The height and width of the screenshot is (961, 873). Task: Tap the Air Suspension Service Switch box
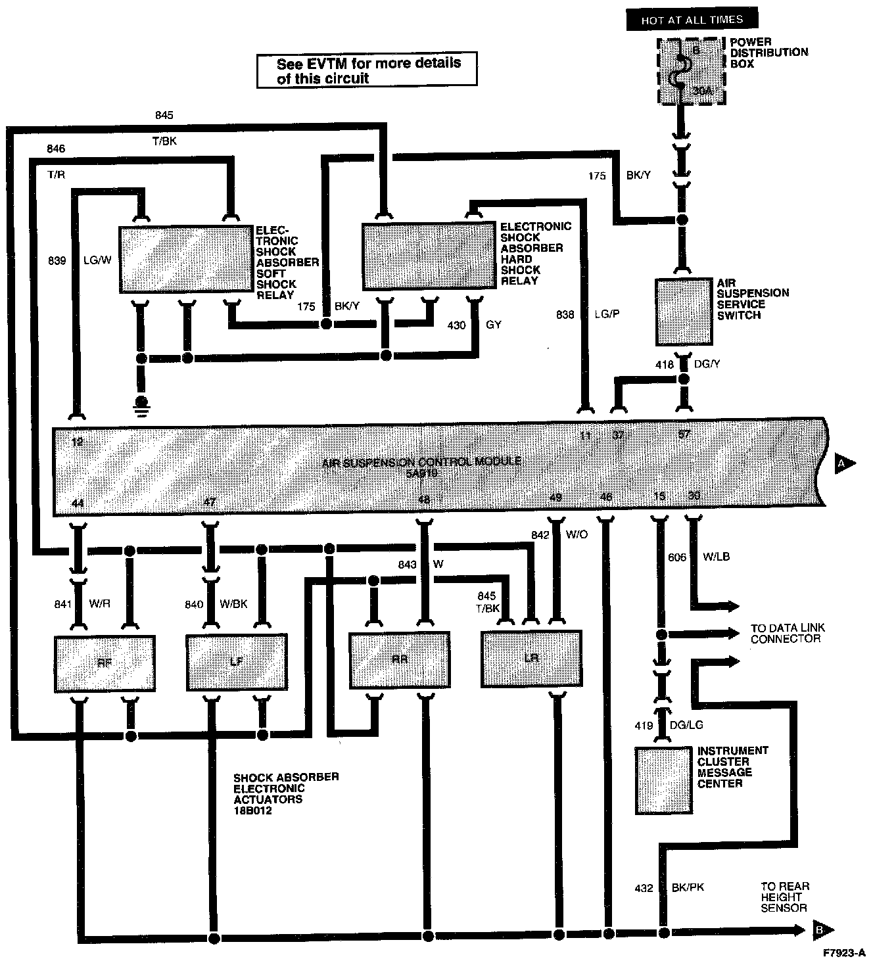click(684, 312)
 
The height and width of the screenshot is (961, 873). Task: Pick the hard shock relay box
click(429, 256)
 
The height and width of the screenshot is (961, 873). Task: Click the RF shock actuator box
click(104, 663)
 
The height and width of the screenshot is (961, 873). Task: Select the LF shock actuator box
click(237, 662)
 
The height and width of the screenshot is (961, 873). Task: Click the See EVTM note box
click(367, 70)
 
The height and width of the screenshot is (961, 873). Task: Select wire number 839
click(57, 260)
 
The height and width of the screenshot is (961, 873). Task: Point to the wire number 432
click(644, 888)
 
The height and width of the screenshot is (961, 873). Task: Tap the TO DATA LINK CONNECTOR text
click(788, 633)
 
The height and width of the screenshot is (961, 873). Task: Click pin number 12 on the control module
click(77, 442)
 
